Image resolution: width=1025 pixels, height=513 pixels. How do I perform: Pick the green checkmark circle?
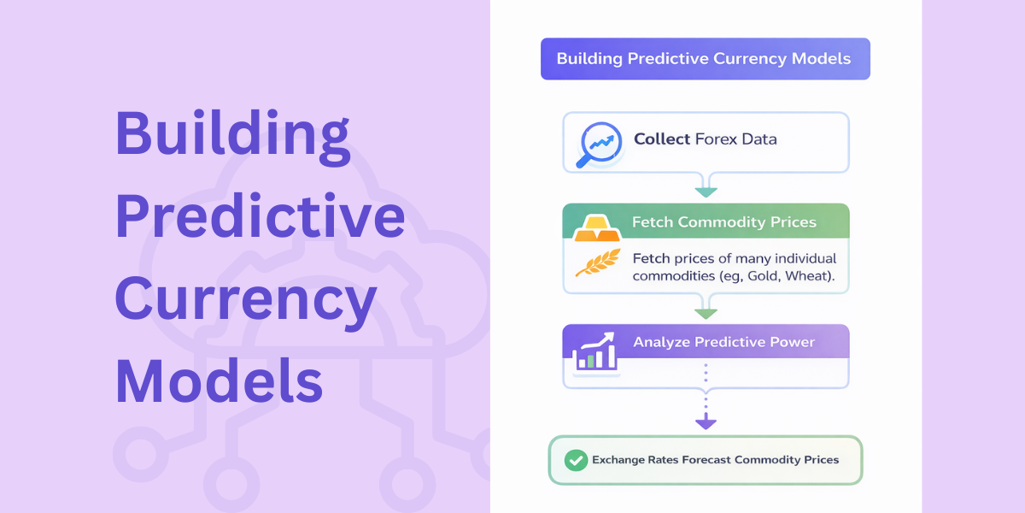[576, 460]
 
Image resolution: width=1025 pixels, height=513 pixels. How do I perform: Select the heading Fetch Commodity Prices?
[723, 222]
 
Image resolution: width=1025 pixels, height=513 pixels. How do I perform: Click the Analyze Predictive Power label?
[723, 343]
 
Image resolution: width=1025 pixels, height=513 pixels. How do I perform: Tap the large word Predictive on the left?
[260, 215]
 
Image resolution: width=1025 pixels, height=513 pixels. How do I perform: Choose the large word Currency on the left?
[246, 299]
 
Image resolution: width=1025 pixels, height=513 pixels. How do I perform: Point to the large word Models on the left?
[220, 380]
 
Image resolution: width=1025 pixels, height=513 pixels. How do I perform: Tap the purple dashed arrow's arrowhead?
[706, 422]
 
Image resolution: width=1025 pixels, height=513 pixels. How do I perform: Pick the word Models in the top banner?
[823, 59]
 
